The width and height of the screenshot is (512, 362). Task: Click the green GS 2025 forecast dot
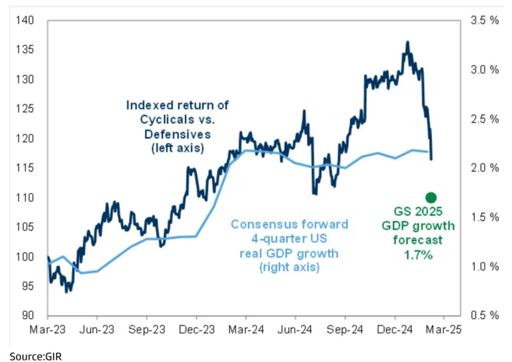click(430, 197)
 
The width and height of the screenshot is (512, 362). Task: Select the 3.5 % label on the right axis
click(484, 20)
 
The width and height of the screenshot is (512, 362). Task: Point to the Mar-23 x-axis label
click(47, 331)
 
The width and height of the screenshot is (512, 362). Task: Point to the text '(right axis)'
click(289, 268)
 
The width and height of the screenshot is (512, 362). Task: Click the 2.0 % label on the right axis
click(484, 168)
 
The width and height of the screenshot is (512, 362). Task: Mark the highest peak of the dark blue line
click(407, 42)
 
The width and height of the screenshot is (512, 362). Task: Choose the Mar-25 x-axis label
click(443, 331)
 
